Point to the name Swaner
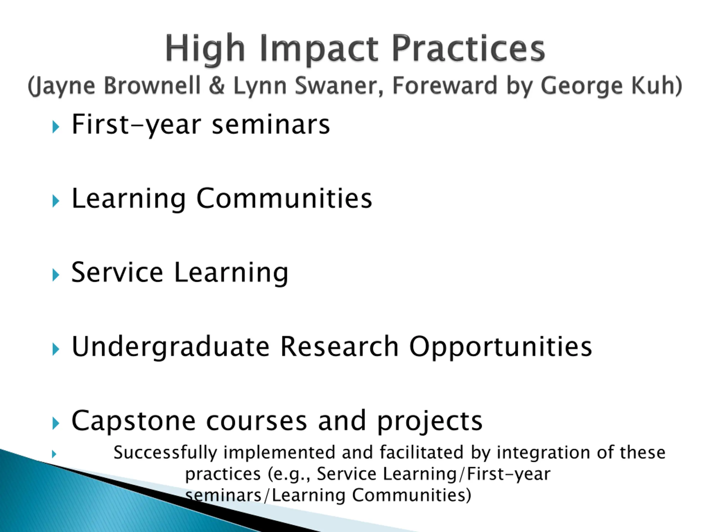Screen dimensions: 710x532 (x=339, y=86)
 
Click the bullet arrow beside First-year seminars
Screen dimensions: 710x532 (x=56, y=127)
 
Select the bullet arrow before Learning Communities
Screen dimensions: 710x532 (x=56, y=201)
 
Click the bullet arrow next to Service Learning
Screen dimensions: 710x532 (x=56, y=275)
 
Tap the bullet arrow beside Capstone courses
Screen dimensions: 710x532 (x=56, y=423)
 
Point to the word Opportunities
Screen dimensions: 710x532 (x=500, y=347)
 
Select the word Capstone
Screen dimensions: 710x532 (x=133, y=421)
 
